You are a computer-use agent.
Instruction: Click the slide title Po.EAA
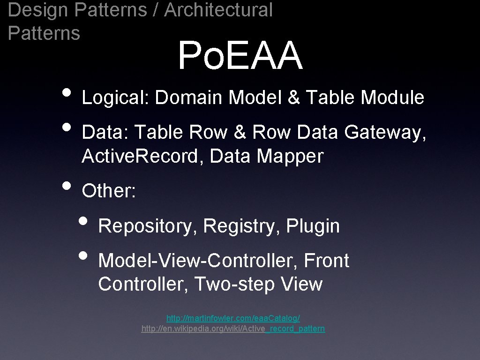[x=240, y=56]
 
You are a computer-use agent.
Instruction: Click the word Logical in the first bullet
[x=115, y=98]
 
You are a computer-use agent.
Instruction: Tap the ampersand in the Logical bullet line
[x=293, y=98]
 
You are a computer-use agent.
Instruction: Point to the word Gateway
[x=385, y=133]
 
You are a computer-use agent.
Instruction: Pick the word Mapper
[x=291, y=157]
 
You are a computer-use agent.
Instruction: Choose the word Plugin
[x=313, y=226]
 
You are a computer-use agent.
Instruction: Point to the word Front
[x=326, y=261]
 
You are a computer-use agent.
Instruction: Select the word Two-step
[x=234, y=284]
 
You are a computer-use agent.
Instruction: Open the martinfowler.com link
[x=233, y=318]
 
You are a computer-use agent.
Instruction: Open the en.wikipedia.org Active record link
[x=233, y=329]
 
